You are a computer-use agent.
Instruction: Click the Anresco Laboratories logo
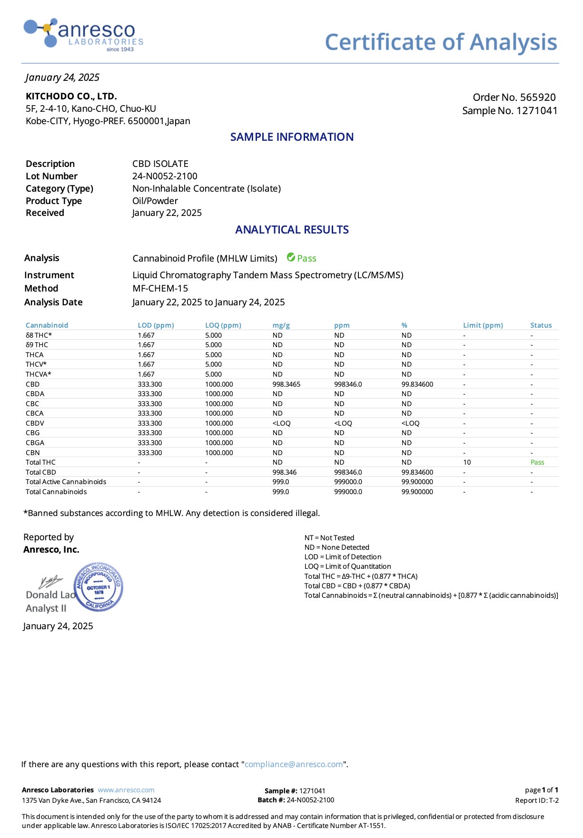pos(83,34)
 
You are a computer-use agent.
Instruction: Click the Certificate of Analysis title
pos(441,42)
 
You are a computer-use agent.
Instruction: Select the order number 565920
pos(537,97)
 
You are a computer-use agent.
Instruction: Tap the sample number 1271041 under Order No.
pos(536,111)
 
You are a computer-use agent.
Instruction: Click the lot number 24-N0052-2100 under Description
pos(165,176)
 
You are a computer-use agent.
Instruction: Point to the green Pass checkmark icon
pos(291,258)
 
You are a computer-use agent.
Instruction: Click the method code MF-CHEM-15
pos(160,289)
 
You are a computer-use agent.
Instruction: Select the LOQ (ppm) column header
pos(223,325)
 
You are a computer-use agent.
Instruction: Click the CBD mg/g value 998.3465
pos(286,384)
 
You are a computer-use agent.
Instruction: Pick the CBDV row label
pos(35,423)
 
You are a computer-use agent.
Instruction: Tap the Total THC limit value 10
pos(467,462)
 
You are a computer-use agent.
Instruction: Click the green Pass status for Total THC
pos(537,462)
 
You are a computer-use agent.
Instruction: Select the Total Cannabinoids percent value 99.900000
pos(417,492)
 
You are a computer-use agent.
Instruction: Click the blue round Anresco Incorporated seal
pos(99,587)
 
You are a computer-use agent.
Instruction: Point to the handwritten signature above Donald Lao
pos(51,581)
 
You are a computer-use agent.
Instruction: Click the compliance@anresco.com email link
pos(293,764)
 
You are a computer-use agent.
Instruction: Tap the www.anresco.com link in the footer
pos(126,790)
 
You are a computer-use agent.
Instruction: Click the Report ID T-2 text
pos(536,800)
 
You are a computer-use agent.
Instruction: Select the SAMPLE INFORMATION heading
pos(292,137)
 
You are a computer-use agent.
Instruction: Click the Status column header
pos(541,325)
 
